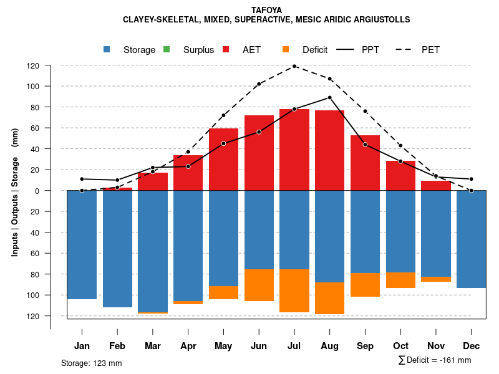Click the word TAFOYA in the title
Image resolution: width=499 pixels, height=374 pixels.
[x=266, y=10]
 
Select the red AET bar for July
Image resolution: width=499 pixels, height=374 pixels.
[x=294, y=150]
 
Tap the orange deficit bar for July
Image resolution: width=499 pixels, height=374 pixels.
[x=294, y=290]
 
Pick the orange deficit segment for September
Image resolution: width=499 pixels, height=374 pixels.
[x=365, y=284]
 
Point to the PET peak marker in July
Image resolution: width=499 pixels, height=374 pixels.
[x=294, y=66]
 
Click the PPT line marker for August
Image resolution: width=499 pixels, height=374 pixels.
[x=329, y=98]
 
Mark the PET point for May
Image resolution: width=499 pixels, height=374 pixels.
[x=223, y=115]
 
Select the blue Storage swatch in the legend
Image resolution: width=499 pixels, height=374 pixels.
[x=108, y=50]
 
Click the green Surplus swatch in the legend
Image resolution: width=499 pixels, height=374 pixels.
[x=167, y=50]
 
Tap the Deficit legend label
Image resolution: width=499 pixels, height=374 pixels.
[x=314, y=50]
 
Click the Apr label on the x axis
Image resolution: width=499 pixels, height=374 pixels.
[x=188, y=346]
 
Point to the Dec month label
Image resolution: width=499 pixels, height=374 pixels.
[x=471, y=346]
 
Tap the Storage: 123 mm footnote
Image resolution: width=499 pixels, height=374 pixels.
[x=91, y=363]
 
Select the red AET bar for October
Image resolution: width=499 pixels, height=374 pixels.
[x=400, y=176]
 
